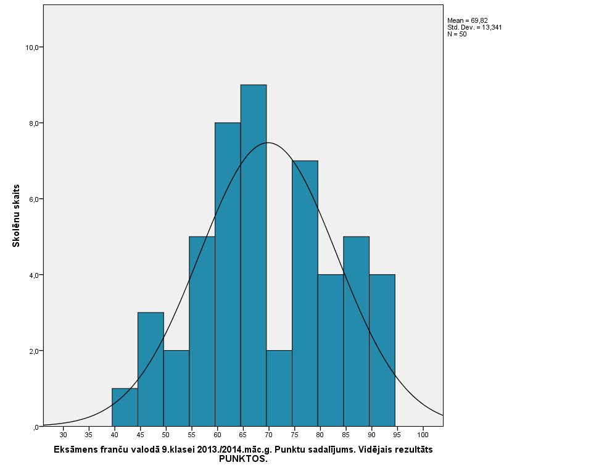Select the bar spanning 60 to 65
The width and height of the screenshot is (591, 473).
click(228, 274)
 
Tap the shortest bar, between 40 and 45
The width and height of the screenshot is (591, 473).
click(125, 408)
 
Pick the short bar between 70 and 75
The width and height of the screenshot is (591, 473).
click(279, 388)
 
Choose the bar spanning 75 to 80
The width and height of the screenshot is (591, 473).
click(305, 293)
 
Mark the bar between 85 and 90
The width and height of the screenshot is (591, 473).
click(356, 331)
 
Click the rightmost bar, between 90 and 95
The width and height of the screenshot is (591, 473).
click(382, 350)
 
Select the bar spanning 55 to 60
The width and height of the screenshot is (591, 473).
click(202, 331)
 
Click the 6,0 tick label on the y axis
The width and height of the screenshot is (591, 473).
click(33, 199)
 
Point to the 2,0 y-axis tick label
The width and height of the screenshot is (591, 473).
click(33, 351)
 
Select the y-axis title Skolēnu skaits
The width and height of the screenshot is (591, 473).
click(17, 216)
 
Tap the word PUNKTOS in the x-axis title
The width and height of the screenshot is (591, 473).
click(243, 459)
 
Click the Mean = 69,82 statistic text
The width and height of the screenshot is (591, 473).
click(468, 21)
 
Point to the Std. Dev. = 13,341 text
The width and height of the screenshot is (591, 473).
click(474, 28)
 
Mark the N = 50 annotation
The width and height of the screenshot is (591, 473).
click(457, 35)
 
